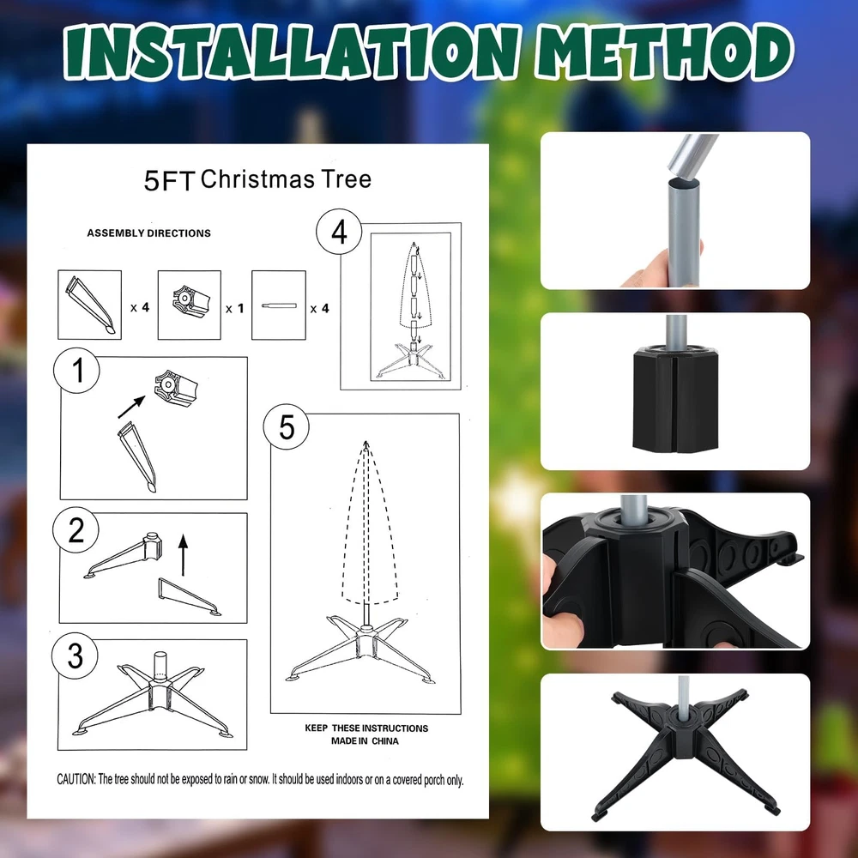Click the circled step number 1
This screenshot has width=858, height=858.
click(x=76, y=371)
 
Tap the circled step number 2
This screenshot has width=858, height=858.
click(x=76, y=529)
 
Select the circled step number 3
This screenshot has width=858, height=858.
click(x=75, y=656)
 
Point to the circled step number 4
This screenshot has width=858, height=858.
click(x=339, y=232)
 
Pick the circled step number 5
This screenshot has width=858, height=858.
click(x=287, y=426)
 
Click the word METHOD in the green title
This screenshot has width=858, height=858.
click(x=664, y=52)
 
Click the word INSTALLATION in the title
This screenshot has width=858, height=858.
click(x=291, y=52)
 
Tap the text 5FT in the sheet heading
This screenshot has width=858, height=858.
click(x=168, y=181)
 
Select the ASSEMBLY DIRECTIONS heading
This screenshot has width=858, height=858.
click(x=148, y=233)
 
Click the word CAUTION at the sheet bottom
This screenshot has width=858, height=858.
click(x=76, y=779)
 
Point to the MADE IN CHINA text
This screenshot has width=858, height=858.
click(x=365, y=741)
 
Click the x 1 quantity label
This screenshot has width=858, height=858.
click(x=235, y=309)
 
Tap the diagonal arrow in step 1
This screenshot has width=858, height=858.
click(x=131, y=407)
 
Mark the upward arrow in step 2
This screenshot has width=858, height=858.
click(x=184, y=555)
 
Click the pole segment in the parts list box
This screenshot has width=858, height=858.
click(x=279, y=305)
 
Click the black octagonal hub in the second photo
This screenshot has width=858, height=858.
click(x=675, y=400)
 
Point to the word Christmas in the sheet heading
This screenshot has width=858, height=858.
click(x=257, y=179)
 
